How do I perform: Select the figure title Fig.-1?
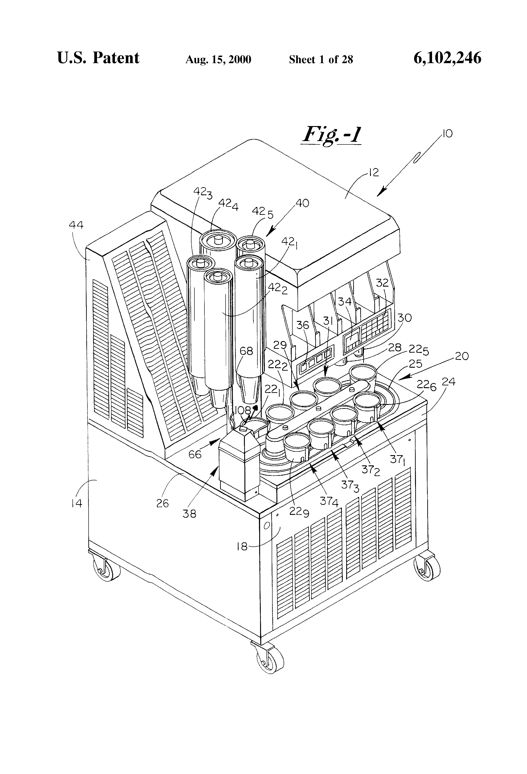tap(331, 135)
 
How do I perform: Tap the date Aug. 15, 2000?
tap(218, 60)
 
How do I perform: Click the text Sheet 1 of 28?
tap(321, 60)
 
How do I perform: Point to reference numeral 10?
tap(447, 134)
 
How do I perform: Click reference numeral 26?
tap(163, 503)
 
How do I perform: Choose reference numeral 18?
tap(242, 546)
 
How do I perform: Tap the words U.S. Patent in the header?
tap(98, 58)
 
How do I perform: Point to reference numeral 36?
tap(303, 325)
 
